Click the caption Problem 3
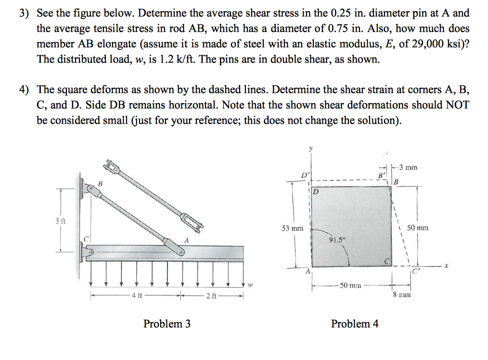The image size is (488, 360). [x=167, y=324]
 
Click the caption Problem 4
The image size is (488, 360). [x=355, y=324]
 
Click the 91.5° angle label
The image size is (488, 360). [x=336, y=239]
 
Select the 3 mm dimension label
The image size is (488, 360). [x=409, y=167]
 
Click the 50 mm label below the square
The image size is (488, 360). [x=350, y=285]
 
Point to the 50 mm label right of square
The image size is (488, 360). [x=417, y=228]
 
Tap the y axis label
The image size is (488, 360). [x=310, y=150]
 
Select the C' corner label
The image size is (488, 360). [x=415, y=270]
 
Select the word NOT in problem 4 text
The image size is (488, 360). [x=458, y=105]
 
